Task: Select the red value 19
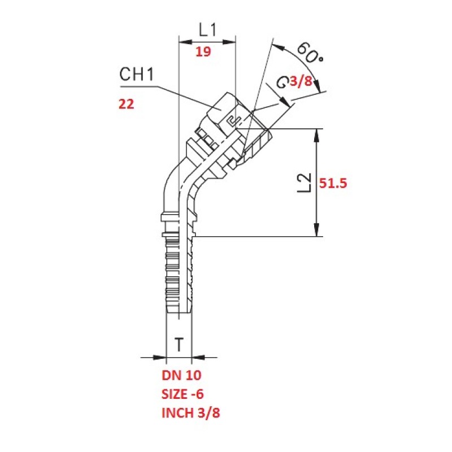tap(203, 52)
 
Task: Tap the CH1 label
tap(137, 75)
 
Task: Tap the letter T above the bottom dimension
tap(179, 344)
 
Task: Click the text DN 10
tap(181, 375)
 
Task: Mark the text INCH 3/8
tap(191, 413)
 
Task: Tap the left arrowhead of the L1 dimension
tap(182, 42)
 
